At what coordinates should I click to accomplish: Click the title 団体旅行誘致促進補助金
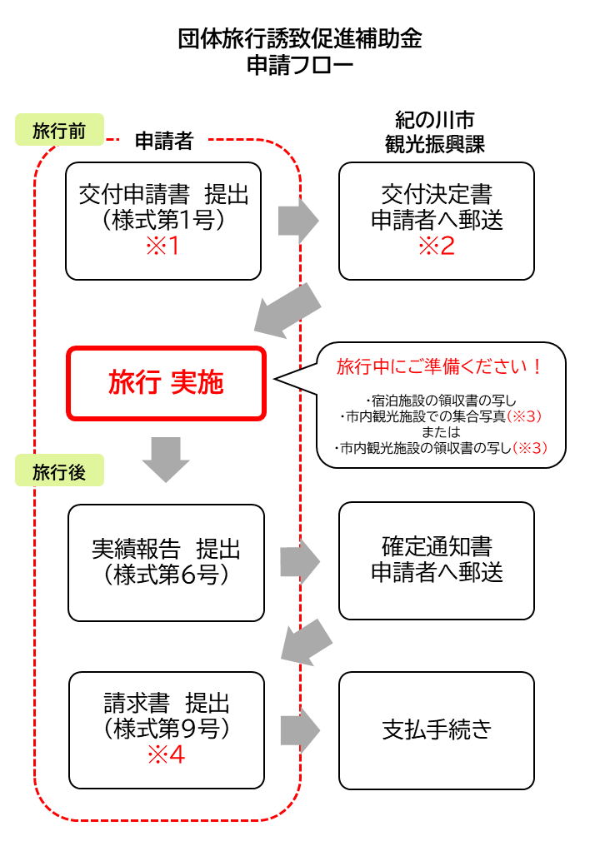tap(300, 39)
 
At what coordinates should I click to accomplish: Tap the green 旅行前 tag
tap(59, 131)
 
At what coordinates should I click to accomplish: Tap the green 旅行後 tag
tap(59, 471)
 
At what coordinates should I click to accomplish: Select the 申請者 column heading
tap(164, 142)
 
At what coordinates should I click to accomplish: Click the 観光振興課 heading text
tap(436, 143)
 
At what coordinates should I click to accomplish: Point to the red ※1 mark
tap(163, 247)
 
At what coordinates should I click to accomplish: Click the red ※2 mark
tap(437, 247)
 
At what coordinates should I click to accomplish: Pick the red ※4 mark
tap(166, 755)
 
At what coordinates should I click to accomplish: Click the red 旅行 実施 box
tap(166, 383)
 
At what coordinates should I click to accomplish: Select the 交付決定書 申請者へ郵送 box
tap(437, 221)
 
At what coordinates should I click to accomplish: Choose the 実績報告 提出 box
tap(166, 562)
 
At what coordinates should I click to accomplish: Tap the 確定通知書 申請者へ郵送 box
tap(437, 560)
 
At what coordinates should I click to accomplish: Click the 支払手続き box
tap(437, 730)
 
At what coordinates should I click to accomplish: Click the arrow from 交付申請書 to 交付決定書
tap(298, 221)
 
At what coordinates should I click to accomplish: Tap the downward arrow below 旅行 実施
tap(166, 457)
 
